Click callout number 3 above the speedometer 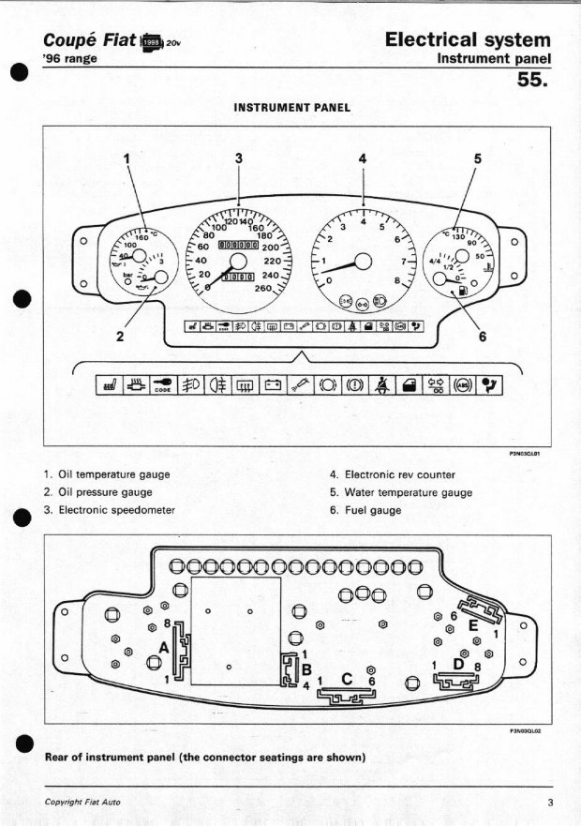click(239, 158)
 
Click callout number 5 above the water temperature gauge click(477, 158)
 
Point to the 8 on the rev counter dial click(397, 280)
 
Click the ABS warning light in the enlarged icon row click(461, 383)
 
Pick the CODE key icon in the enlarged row click(162, 383)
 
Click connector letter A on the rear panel click(165, 647)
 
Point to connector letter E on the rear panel click(473, 624)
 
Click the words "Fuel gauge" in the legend click(373, 510)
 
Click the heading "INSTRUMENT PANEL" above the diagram click(291, 108)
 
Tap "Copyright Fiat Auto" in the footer click(82, 802)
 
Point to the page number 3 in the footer click(550, 802)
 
